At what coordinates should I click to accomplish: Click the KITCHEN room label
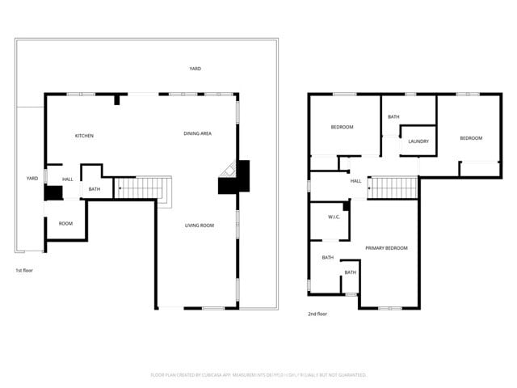point(84,136)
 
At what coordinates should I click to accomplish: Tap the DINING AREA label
point(197,133)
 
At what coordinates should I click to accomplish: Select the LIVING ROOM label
point(200,226)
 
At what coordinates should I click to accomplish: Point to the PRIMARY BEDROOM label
point(386,248)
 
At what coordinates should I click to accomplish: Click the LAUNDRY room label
point(418,141)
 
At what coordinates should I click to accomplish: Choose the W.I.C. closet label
point(334,217)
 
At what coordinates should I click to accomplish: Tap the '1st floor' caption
point(24,270)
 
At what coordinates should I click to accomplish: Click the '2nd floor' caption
point(317,314)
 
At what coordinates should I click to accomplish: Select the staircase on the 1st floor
point(142,188)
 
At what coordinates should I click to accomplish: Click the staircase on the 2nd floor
point(393,188)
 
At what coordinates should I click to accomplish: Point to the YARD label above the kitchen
point(195,70)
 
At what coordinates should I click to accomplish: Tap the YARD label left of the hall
point(32,179)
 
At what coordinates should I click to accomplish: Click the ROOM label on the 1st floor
point(65,224)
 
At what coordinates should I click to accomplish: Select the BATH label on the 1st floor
point(95,190)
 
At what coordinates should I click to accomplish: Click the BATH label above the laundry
point(393,117)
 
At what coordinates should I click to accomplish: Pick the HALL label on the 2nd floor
point(355,181)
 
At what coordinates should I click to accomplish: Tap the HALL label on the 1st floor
point(67,179)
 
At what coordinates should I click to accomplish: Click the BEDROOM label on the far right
point(471,138)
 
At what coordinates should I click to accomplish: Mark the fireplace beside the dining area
point(235,177)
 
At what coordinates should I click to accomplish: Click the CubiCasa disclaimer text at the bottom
point(258,375)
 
